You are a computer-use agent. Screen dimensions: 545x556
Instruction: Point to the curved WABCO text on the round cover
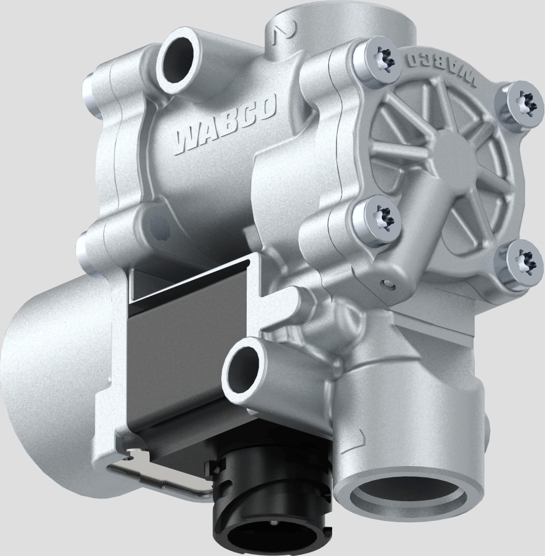pos(440,66)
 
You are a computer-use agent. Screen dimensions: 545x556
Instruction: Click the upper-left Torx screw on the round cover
pos(379,62)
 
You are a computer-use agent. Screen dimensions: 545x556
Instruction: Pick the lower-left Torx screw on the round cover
pos(377,220)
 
